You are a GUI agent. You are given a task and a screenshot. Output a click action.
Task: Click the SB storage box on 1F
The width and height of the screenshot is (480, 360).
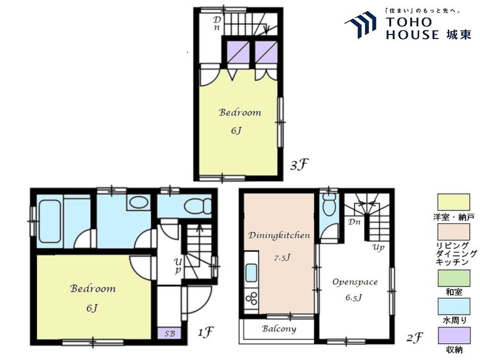tap(170, 333)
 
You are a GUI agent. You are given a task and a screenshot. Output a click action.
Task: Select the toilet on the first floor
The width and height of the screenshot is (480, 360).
tap(198, 206)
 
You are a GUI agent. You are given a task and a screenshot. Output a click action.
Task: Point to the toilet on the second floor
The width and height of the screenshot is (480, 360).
tap(330, 204)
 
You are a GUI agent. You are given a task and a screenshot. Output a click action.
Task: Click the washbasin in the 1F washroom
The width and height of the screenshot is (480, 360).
tap(138, 203)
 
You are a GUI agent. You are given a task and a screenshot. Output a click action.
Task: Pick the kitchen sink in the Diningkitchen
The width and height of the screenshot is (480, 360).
tap(252, 273)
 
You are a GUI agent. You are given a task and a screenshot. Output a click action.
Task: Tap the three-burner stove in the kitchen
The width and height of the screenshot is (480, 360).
tap(252, 299)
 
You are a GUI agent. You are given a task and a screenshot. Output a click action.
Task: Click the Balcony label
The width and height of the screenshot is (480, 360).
tap(279, 329)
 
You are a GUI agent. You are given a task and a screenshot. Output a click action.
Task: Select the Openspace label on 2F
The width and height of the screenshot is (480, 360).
tap(355, 282)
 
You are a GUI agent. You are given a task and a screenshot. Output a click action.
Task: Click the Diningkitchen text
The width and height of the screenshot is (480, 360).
tap(279, 235)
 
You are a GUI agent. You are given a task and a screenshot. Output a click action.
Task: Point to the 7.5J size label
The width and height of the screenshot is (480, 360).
tap(282, 258)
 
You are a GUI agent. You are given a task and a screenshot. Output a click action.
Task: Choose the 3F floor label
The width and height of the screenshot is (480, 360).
tap(298, 166)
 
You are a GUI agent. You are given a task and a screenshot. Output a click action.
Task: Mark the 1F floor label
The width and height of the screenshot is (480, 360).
tap(205, 332)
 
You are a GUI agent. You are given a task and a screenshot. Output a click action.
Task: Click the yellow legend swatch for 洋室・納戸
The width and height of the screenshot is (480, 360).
tap(453, 202)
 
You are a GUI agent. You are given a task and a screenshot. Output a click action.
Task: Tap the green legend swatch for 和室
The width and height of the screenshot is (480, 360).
tap(453, 278)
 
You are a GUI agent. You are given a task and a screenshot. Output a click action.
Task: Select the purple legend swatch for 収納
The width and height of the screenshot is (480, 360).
tap(454, 336)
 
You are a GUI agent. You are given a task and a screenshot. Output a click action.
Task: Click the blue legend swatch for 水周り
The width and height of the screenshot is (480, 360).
tap(453, 307)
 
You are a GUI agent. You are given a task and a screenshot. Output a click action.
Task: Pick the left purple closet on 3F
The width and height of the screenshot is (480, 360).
tap(238, 52)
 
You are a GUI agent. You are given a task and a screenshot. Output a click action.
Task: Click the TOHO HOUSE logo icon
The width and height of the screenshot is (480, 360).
tap(361, 24)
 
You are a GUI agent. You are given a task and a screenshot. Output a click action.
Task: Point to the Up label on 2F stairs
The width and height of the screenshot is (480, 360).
tap(378, 247)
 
